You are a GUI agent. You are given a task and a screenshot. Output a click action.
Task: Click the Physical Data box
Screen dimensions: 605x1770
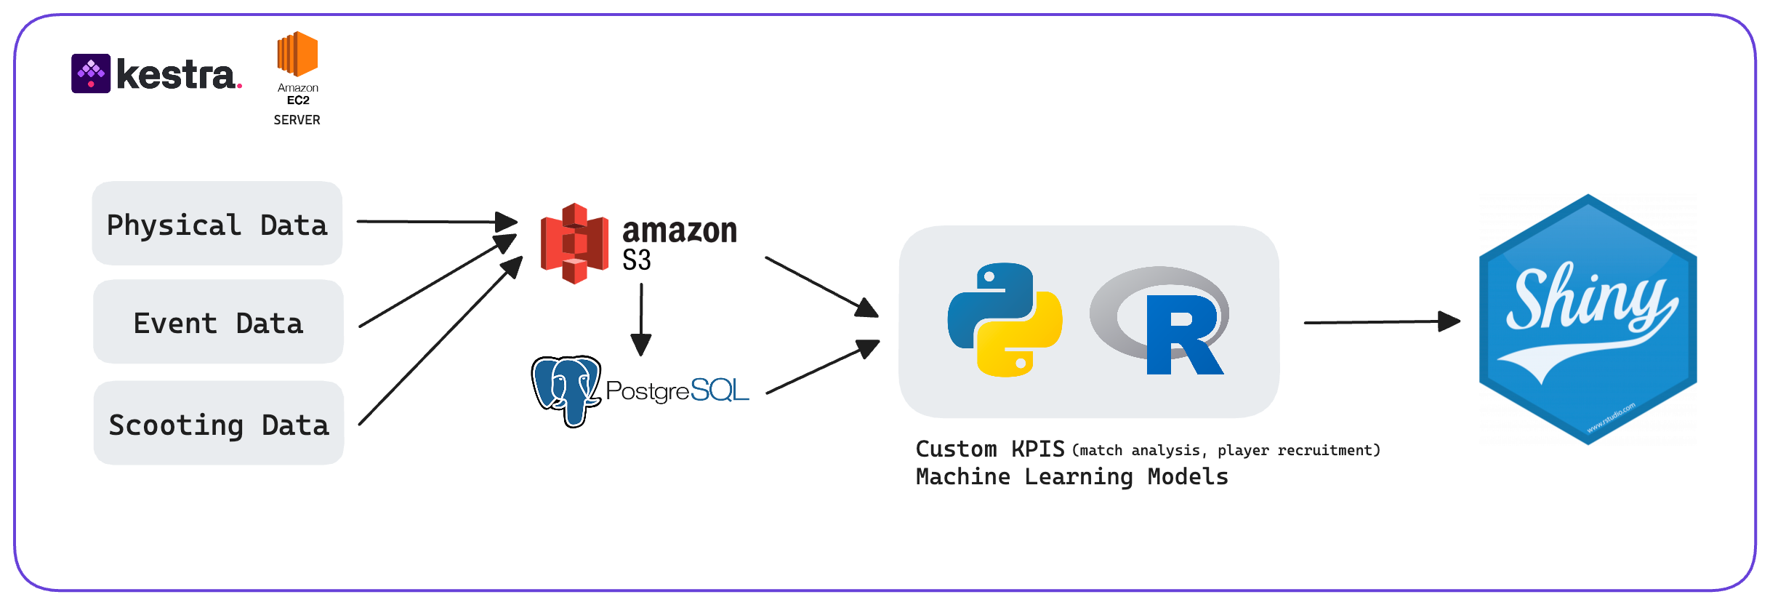pos(217,224)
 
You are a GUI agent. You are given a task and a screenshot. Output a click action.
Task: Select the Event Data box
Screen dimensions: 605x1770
pos(218,322)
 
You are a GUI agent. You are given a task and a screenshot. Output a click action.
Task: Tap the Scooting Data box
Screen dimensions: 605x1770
pos(218,424)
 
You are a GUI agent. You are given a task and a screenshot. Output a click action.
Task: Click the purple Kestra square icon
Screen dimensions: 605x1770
pos(91,73)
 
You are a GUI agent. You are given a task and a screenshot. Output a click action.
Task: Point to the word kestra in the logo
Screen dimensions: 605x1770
pos(176,75)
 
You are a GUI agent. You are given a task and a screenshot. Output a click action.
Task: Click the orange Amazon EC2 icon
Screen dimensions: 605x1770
pos(297,54)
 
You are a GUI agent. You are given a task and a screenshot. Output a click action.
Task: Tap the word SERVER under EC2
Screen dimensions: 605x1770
pos(297,120)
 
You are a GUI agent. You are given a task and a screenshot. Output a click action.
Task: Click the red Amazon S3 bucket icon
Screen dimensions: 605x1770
pos(574,243)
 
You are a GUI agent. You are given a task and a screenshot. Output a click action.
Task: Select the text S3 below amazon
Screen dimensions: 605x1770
pos(637,260)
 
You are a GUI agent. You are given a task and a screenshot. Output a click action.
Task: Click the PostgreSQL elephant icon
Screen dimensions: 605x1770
pos(566,390)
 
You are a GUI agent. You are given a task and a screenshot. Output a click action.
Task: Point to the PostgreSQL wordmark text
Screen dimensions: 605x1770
pos(677,390)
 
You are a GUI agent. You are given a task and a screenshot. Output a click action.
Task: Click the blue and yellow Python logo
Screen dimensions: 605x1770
pos(1005,320)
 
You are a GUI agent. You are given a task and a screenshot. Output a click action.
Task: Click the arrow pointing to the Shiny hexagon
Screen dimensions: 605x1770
pos(1381,321)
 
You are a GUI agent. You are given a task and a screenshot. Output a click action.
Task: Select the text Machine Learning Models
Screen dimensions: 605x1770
pos(1071,477)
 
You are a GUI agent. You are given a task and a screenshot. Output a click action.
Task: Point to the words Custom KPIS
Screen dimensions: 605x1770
pos(990,449)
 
